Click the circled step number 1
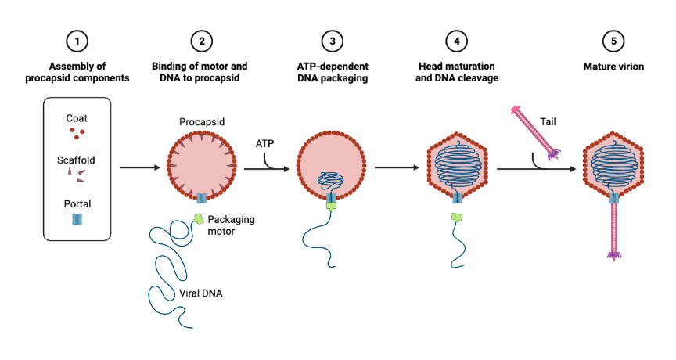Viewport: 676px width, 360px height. [77, 40]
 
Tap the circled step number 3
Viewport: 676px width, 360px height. [333, 40]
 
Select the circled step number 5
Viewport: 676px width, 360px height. [613, 40]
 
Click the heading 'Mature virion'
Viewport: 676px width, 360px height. [613, 67]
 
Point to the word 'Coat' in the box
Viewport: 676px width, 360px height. [77, 118]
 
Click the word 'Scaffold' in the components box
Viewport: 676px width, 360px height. [77, 160]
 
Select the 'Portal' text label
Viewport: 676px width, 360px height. [77, 204]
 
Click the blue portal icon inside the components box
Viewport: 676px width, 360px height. [77, 221]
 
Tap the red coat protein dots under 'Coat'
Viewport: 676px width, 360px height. [77, 133]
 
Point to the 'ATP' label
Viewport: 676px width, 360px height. [265, 144]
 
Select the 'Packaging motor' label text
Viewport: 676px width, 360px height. [232, 225]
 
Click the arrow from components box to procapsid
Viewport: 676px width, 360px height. [138, 167]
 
